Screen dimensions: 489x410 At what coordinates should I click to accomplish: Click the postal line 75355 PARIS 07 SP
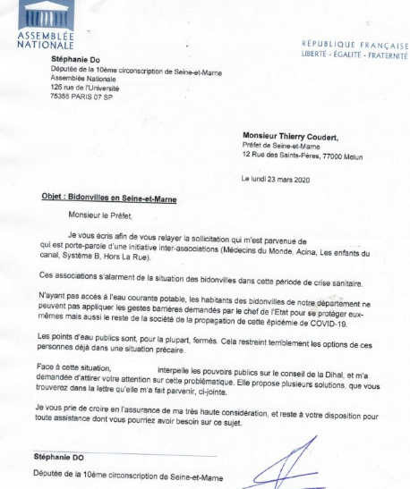coord(90,97)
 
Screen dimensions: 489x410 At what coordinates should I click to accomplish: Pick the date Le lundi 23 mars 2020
coord(286,180)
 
